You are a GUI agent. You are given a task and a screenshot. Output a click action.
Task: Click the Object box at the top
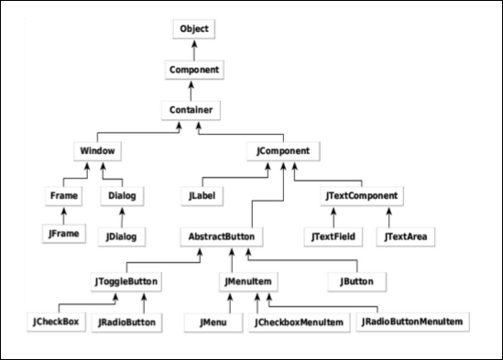192,28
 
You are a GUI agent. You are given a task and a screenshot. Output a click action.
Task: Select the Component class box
192,70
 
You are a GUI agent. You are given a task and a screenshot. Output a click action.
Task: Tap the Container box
191,110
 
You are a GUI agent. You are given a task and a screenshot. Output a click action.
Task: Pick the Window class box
96,149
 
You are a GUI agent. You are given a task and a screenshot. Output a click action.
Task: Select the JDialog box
121,236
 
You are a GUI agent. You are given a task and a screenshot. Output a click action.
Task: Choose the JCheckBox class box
55,322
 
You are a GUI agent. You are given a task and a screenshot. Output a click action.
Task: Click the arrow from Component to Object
192,49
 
